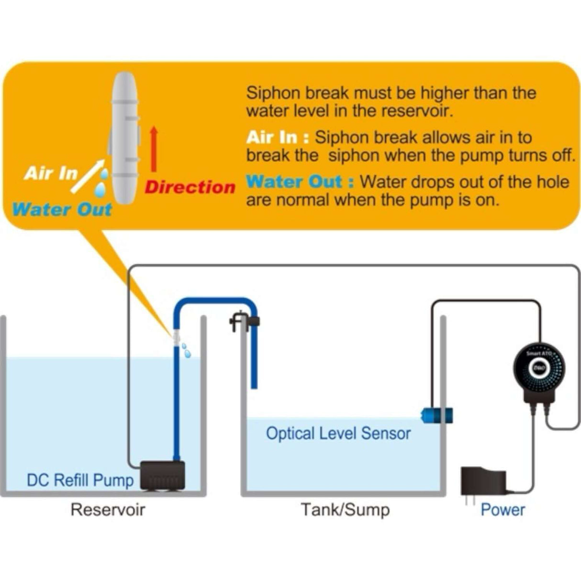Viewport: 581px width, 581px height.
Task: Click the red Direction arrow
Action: [154, 149]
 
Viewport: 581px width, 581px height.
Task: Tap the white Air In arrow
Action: [88, 177]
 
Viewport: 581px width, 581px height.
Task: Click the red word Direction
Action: [190, 187]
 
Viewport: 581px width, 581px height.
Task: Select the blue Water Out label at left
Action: [62, 210]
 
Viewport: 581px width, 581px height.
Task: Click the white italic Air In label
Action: [51, 173]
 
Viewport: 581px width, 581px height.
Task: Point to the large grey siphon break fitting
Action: [124, 138]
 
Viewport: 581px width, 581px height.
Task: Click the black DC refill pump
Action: [163, 475]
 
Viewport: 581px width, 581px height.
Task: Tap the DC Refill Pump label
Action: [80, 480]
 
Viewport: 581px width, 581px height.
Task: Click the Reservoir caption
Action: [107, 510]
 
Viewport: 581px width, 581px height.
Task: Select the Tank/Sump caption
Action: [345, 510]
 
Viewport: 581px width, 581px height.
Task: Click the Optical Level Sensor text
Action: [338, 434]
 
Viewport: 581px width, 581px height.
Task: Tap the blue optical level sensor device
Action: [436, 414]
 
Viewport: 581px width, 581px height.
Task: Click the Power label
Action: [503, 510]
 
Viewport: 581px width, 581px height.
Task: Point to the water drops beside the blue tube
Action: [186, 350]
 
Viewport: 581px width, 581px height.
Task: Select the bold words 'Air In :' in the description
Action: [278, 138]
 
